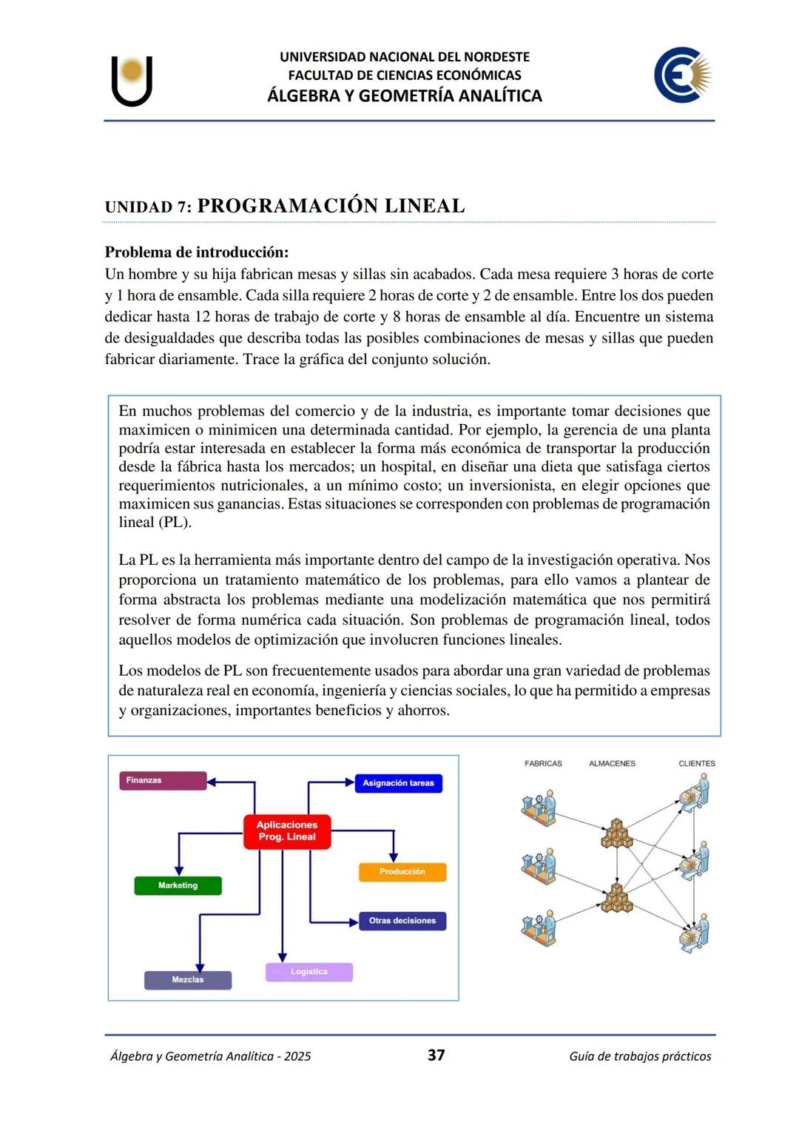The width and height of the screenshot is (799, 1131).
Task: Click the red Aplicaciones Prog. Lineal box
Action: (x=287, y=831)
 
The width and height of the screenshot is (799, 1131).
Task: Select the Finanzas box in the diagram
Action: (x=163, y=781)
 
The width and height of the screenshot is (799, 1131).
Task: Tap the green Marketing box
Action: (x=178, y=886)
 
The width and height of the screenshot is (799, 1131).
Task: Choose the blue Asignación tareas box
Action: (x=398, y=783)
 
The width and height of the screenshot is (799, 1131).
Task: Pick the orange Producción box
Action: (x=402, y=872)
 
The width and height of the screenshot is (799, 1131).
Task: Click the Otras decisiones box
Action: (x=402, y=921)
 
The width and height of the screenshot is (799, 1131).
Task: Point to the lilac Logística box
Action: (x=309, y=972)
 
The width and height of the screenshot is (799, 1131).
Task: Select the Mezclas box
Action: (x=188, y=980)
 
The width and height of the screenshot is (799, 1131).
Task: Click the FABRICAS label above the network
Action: (x=543, y=764)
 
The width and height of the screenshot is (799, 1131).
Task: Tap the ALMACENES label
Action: (x=612, y=764)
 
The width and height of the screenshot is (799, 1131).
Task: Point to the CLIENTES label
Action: (x=697, y=764)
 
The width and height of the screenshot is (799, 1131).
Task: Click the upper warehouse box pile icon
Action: (x=616, y=833)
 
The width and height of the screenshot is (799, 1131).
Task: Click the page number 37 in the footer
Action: (x=436, y=1055)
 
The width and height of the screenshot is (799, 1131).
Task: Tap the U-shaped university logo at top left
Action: (x=132, y=80)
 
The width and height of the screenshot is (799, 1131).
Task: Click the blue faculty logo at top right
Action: (x=682, y=75)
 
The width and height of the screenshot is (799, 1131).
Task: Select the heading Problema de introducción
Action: (x=197, y=252)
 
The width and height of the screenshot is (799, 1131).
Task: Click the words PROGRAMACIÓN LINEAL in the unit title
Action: (x=331, y=206)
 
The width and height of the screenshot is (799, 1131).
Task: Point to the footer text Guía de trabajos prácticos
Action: (x=640, y=1056)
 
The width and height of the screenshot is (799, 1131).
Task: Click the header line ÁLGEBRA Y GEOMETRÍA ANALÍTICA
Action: (x=405, y=95)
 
